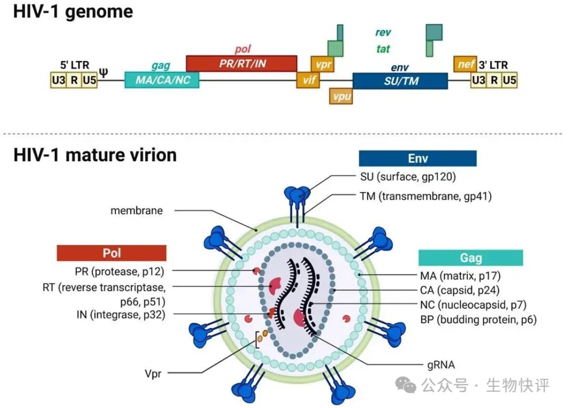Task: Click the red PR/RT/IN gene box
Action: (242, 63)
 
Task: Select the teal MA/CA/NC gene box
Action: (162, 80)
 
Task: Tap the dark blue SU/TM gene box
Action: (400, 81)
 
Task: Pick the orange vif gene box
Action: (308, 80)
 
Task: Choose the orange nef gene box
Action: (465, 64)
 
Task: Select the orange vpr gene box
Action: (322, 64)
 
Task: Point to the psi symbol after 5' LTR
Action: (104, 71)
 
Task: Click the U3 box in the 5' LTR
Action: (58, 80)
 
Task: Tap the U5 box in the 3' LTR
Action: (509, 80)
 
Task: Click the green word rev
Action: (383, 33)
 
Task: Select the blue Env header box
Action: (418, 158)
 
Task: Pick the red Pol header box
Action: (111, 253)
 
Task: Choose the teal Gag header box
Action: (471, 257)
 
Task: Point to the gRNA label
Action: (441, 364)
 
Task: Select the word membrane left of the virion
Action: (137, 211)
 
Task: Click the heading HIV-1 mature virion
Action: (95, 155)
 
